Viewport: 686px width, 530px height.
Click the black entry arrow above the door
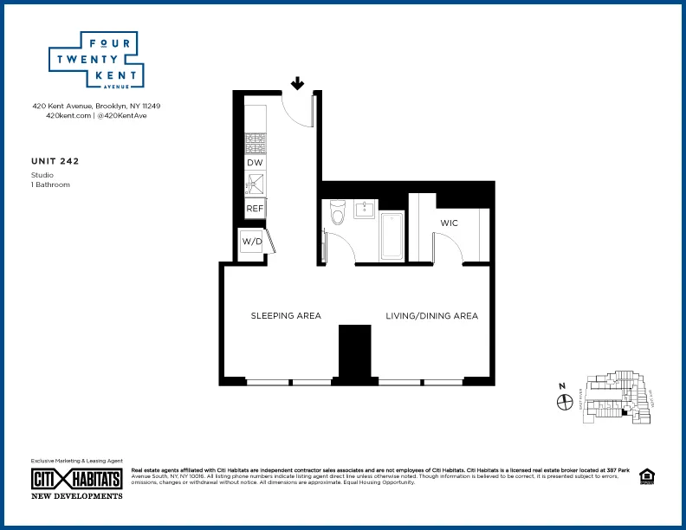297,83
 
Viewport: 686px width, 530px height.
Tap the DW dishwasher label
255,163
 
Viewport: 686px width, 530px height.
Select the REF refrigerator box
255,209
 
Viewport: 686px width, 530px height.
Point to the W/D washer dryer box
251,241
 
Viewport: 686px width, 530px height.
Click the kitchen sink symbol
255,184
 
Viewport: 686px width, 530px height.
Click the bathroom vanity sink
365,209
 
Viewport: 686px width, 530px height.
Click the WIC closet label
449,223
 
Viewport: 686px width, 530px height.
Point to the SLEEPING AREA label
286,316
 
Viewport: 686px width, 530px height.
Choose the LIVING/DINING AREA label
431,316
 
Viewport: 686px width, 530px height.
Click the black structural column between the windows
354,353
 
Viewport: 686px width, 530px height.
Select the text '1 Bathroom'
50,184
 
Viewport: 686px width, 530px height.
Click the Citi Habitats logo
76,479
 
